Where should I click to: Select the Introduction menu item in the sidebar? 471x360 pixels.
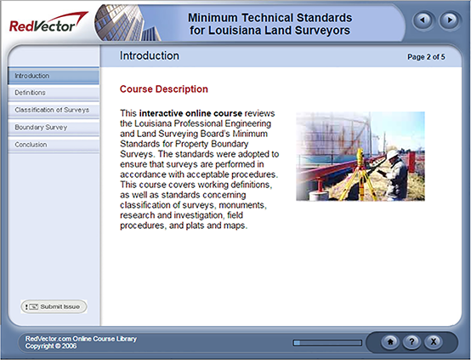(x=53, y=76)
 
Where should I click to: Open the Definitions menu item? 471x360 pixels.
(x=53, y=93)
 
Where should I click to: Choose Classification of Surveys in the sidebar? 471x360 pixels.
(x=53, y=110)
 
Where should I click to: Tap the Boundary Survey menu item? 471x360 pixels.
(x=53, y=128)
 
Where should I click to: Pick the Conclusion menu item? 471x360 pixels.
(x=53, y=145)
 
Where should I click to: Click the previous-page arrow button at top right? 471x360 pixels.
(x=423, y=19)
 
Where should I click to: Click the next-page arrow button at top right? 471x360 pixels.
(x=447, y=19)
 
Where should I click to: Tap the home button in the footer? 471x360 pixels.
(x=390, y=341)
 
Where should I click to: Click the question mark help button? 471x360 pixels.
(x=411, y=341)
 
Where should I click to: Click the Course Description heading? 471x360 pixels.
(x=163, y=89)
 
